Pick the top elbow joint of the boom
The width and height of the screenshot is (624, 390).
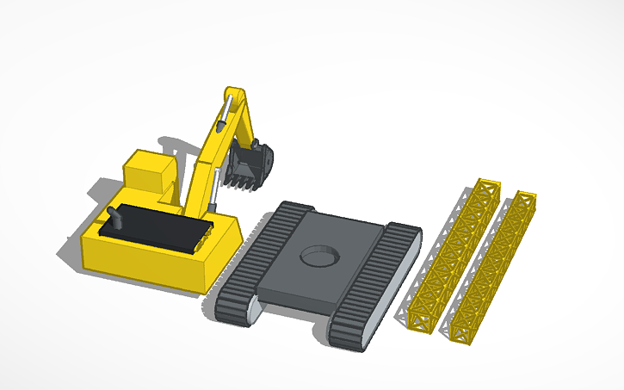[233, 93]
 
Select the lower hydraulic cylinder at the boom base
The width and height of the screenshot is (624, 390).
[213, 192]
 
